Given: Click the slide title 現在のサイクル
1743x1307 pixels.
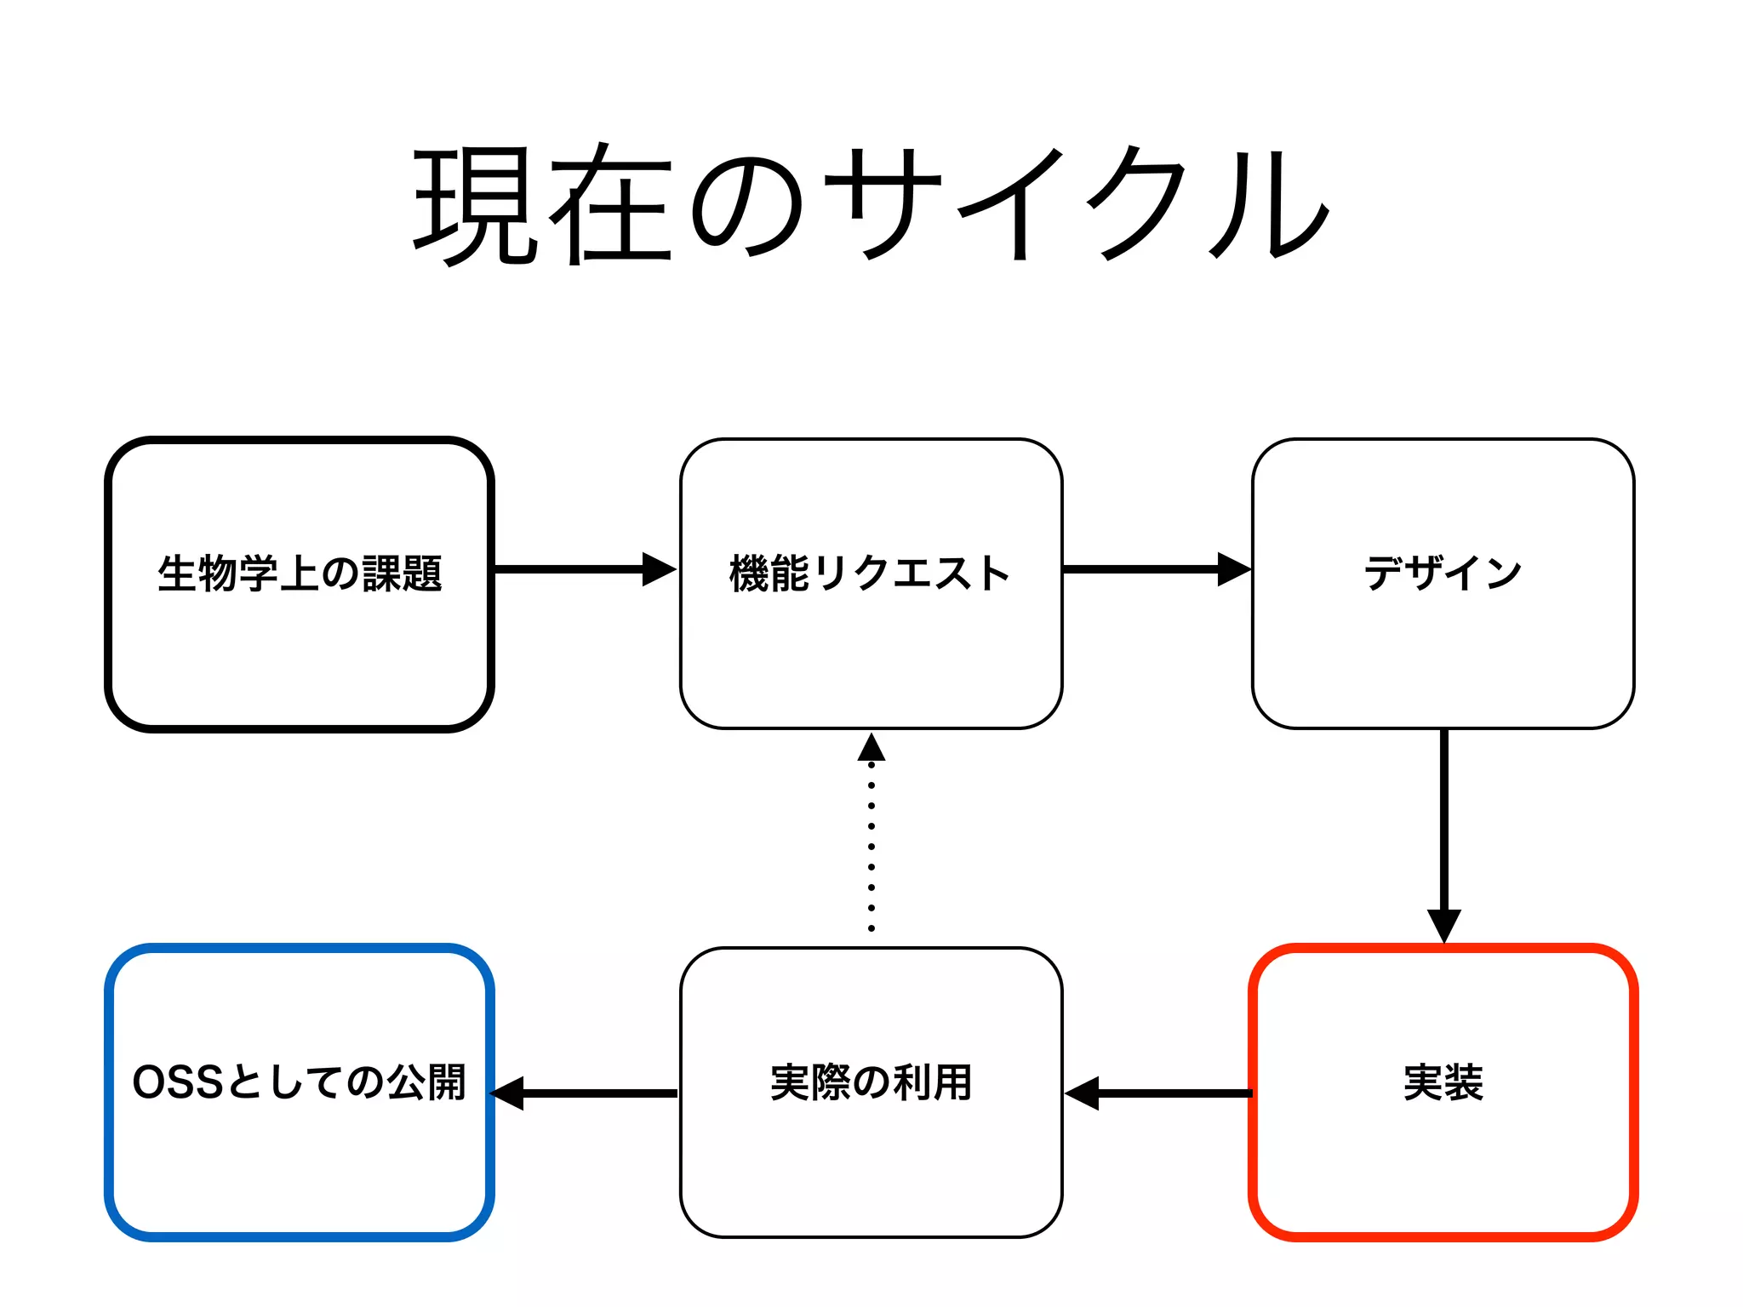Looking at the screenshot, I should pyautogui.click(x=871, y=204).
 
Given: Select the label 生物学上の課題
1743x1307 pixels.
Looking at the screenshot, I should pyautogui.click(x=300, y=573).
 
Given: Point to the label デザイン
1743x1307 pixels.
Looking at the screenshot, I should pyautogui.click(x=1443, y=573).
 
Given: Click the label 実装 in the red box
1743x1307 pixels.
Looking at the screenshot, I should pyautogui.click(x=1443, y=1082).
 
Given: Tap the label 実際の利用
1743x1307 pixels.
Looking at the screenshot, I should pyautogui.click(x=871, y=1082).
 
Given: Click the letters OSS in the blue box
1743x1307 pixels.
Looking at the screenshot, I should pyautogui.click(x=178, y=1082).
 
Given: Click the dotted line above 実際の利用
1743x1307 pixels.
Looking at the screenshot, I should pyautogui.click(x=871, y=847).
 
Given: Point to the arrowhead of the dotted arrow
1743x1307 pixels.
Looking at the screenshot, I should pyautogui.click(x=871, y=748).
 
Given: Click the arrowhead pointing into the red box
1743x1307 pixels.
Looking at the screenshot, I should pyautogui.click(x=1443, y=925).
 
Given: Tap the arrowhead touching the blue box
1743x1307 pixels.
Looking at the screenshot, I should pyautogui.click(x=509, y=1093).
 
